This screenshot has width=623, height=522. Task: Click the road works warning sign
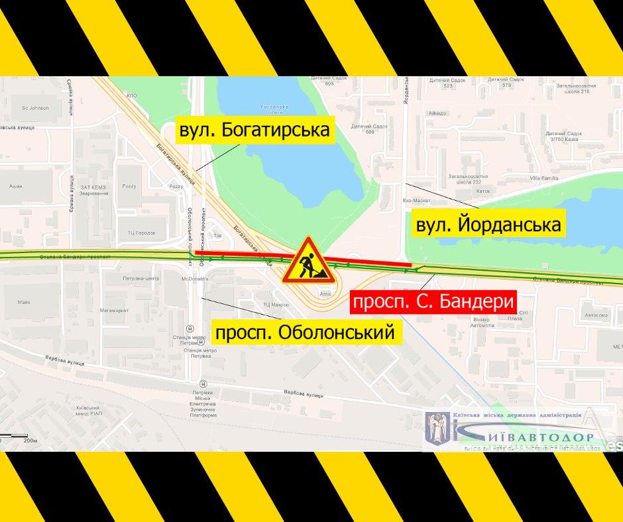coord(305,261)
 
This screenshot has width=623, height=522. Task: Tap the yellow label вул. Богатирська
coord(255,130)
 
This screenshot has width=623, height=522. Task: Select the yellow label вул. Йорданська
coord(488,225)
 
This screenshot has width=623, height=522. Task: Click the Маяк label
coord(25,302)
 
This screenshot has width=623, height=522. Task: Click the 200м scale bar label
coord(30,439)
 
